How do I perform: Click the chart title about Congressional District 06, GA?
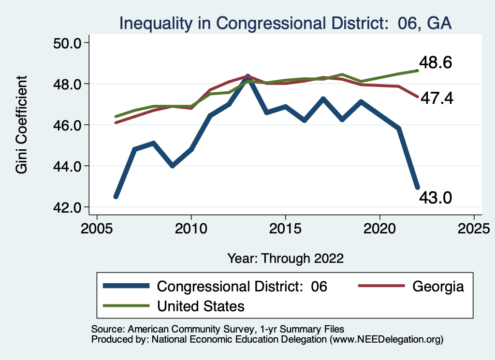pos(285,23)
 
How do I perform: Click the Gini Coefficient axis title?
pos(22,125)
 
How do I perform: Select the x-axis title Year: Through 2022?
pos(285,259)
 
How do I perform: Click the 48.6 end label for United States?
pos(436,63)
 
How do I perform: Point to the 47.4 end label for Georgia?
pos(437,99)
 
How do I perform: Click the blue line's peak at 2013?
pos(248,77)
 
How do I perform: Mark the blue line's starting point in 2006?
pos(116,197)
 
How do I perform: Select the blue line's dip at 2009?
pos(173,166)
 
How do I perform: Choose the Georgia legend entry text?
pos(438,286)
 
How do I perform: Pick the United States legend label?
pos(201,306)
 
